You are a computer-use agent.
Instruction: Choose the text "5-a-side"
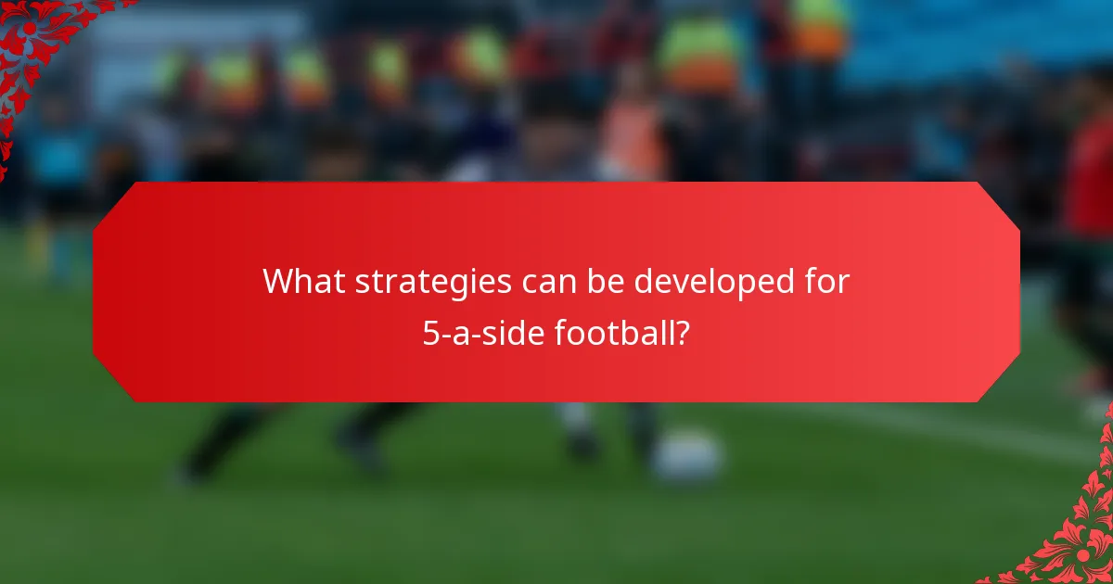[484, 332]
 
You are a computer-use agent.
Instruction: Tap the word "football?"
[622, 332]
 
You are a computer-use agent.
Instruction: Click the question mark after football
[684, 332]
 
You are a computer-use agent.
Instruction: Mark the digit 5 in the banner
[431, 332]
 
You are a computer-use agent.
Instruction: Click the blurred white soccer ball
[686, 457]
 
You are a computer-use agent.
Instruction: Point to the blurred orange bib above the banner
[631, 139]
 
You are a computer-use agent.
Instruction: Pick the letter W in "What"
[276, 281]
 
